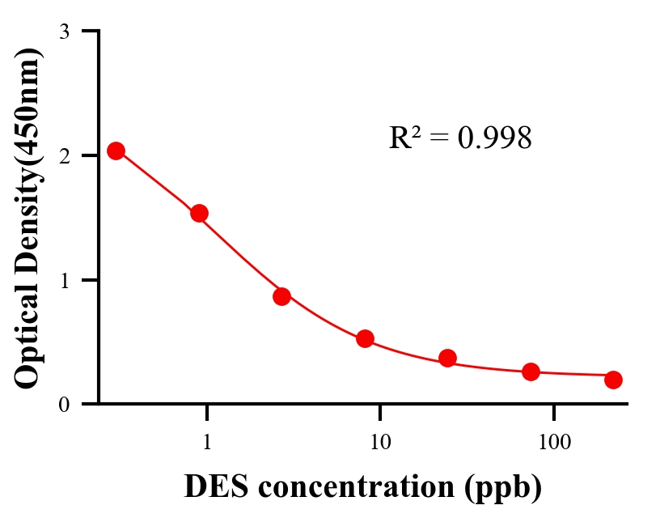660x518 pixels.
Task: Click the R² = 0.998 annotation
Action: click(x=460, y=138)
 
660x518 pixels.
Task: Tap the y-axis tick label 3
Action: click(x=64, y=32)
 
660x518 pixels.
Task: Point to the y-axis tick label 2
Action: click(x=64, y=155)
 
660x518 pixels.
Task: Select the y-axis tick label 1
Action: click(x=64, y=280)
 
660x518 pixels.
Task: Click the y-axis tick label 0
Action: click(x=64, y=404)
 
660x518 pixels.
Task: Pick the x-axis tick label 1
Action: click(x=207, y=444)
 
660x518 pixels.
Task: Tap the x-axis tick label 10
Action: click(x=380, y=444)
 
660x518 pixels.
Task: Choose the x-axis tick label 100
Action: click(x=553, y=444)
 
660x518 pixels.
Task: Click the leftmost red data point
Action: click(x=116, y=151)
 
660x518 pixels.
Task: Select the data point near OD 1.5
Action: click(x=199, y=213)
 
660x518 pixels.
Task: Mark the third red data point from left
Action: click(x=281, y=296)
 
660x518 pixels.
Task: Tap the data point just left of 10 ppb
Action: click(x=365, y=338)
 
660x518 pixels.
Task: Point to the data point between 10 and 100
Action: click(x=447, y=358)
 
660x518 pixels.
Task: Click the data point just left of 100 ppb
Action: click(x=531, y=372)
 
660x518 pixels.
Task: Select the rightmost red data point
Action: click(x=613, y=380)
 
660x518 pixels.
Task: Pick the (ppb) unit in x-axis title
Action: click(x=502, y=488)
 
